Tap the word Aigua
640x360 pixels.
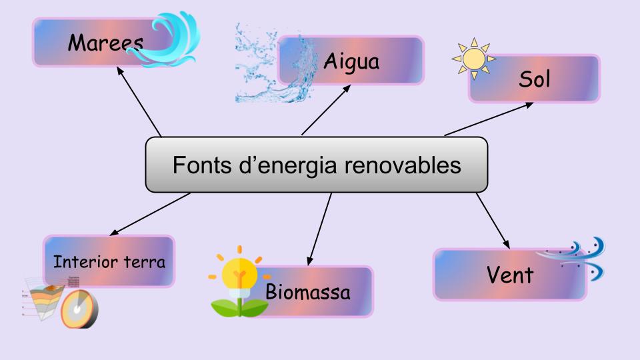351,62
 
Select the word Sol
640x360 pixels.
533,80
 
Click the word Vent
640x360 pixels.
510,275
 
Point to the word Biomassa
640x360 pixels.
308,292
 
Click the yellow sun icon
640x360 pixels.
474,58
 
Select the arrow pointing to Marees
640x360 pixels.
138,100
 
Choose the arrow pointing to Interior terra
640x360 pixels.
149,214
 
